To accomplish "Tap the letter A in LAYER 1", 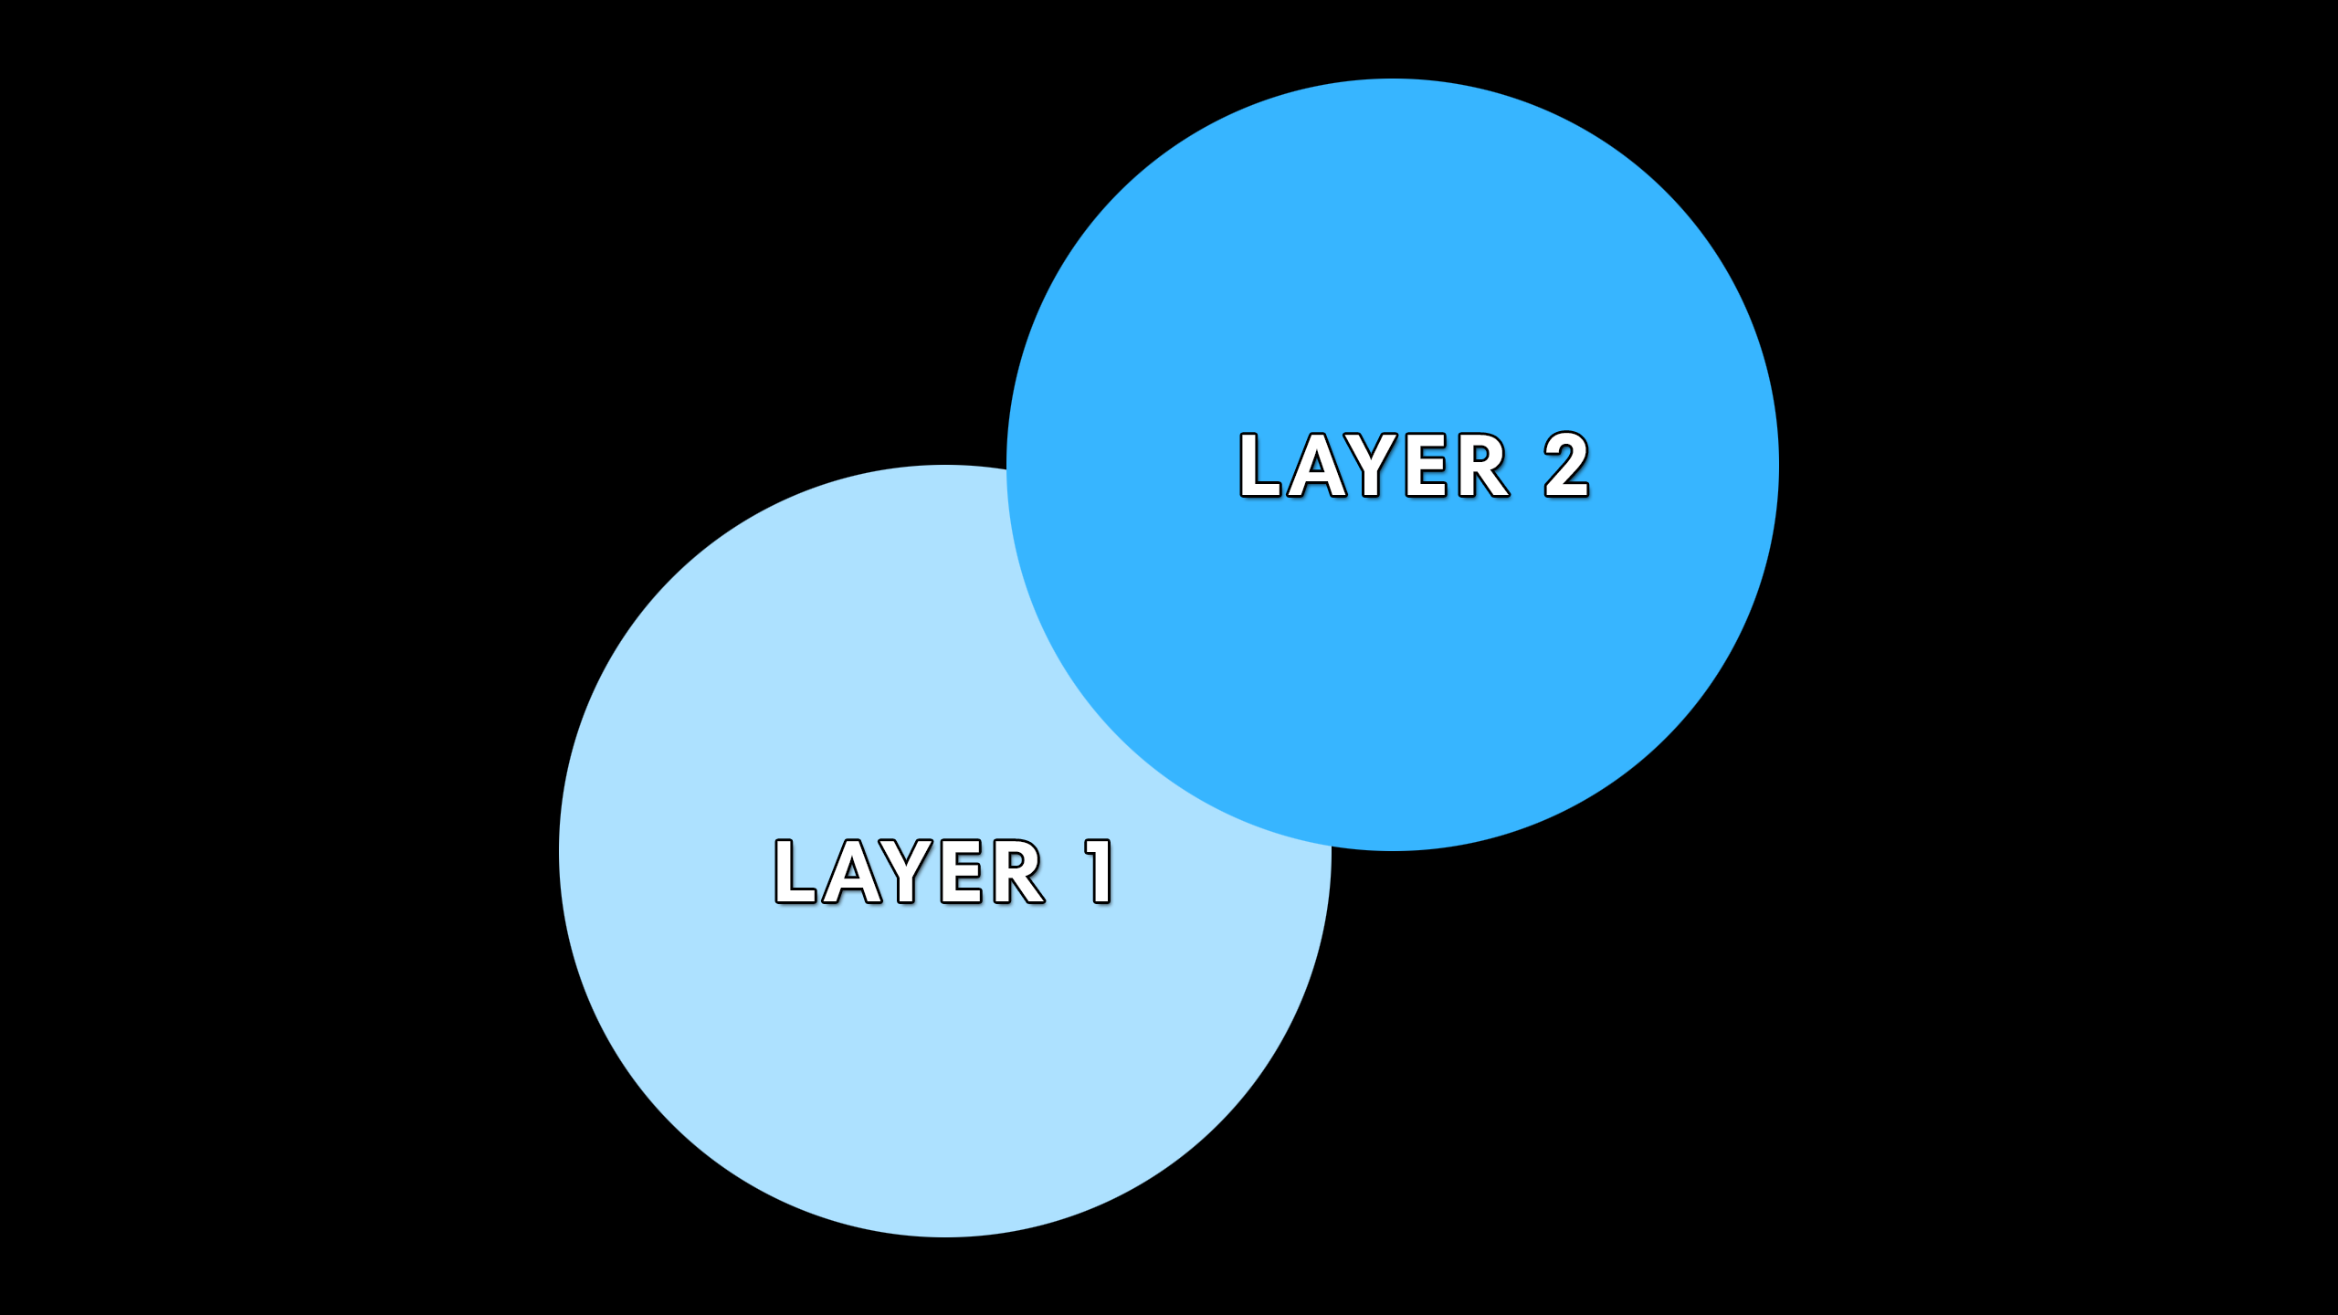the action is (852, 872).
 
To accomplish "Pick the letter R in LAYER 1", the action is (1016, 872).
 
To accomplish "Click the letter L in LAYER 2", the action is (1259, 466).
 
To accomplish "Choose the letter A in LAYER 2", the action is (1317, 466).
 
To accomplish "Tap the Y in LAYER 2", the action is (1373, 466).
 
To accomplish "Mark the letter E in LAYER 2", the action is (1427, 466).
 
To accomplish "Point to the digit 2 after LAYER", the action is (1566, 466).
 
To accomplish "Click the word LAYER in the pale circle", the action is (910, 872).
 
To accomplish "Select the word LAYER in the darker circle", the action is (1374, 466).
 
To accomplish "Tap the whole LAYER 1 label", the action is (943, 872).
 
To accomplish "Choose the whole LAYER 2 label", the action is (1414, 466).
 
